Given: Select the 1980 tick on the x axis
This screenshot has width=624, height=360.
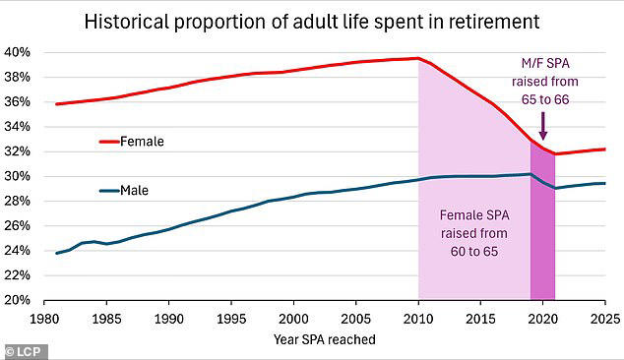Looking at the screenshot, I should coord(43,318).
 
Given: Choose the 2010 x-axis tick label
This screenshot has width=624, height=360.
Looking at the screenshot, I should coord(419,318).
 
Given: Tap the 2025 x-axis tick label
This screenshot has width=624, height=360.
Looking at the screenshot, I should coord(605,318).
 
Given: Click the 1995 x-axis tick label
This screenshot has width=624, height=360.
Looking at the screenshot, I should coord(231,318).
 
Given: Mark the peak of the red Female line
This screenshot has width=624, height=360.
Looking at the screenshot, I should coord(418,58).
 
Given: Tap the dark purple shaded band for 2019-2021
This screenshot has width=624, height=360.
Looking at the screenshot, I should coord(542,236).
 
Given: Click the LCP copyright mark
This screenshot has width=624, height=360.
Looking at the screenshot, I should coord(24,350).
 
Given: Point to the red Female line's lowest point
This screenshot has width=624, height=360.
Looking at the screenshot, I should coord(555,153).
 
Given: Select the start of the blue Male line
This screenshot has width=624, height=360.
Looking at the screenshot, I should coord(56,253).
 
